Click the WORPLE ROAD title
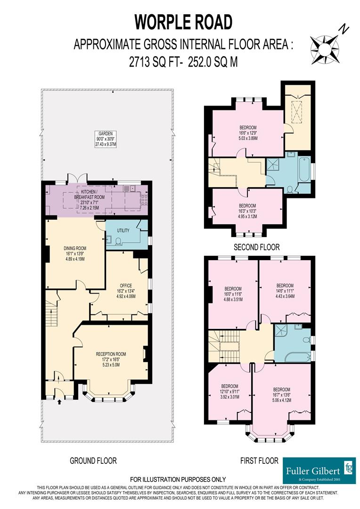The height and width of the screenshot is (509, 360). [183, 22]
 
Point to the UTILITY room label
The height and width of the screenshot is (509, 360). [123, 231]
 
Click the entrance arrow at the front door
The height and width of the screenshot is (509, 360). [59, 402]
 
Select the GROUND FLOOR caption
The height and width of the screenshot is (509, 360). [93, 460]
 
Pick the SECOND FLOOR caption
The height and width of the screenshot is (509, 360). [257, 246]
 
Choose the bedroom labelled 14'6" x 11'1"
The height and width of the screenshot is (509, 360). [285, 291]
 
